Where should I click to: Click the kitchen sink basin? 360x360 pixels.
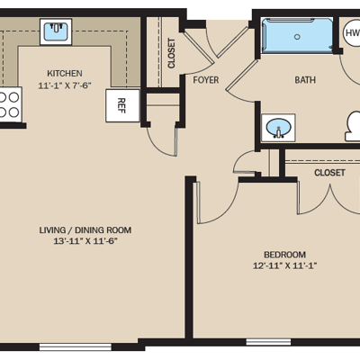coord(56,31)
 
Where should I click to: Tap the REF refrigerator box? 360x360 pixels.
coord(122,105)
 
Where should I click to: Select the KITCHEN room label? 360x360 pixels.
coord(65,73)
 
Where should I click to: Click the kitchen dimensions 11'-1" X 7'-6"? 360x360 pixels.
coord(65,85)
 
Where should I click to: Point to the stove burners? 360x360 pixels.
coord(9,104)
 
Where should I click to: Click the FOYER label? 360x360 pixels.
coord(206,80)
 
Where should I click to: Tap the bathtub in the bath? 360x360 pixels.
coord(297,36)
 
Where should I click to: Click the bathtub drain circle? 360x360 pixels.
coord(297,37)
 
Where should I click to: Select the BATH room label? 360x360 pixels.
coord(305,80)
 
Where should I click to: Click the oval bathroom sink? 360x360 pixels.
coord(279,128)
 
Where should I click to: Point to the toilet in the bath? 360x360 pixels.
coord(353,126)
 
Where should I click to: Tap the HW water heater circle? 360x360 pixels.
coord(352,32)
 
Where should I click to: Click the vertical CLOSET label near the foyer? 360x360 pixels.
coord(171,53)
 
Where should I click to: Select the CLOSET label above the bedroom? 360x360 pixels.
coord(329,173)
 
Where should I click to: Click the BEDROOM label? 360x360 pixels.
coord(284,255)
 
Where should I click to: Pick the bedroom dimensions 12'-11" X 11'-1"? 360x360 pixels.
coord(285,265)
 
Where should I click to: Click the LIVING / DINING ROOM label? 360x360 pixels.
coord(85,230)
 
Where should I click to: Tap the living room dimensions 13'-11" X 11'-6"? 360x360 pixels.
coord(85,241)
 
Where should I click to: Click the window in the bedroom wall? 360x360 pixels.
coord(268,342)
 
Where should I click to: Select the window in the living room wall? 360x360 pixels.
coord(76,347)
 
